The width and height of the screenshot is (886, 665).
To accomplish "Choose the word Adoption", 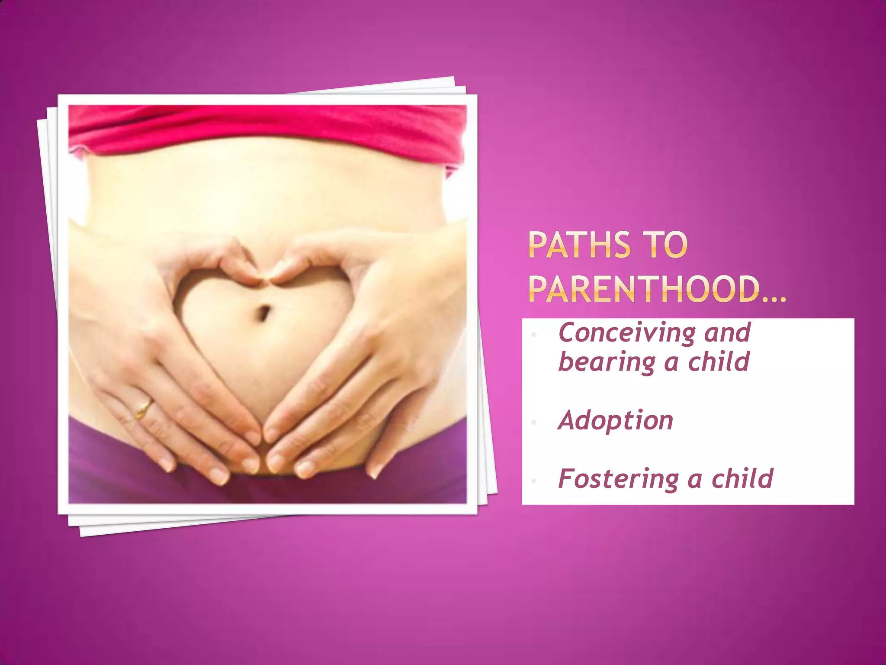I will click(616, 420).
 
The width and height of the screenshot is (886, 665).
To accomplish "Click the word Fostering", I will click(617, 479).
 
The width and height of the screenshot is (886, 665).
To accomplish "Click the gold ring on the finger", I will click(144, 408).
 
